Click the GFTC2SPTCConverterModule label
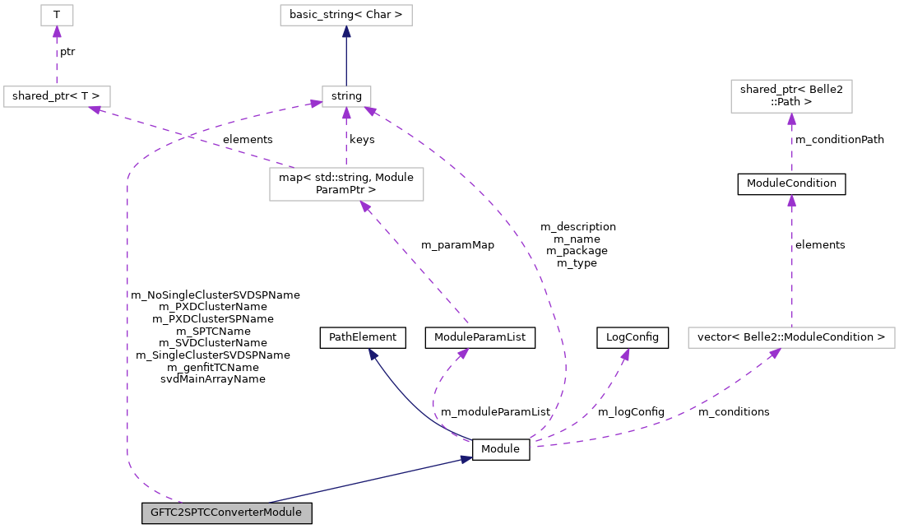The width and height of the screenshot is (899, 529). point(226,513)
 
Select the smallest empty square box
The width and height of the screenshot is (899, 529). point(57,15)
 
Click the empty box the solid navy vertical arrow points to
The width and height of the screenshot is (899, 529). point(345,15)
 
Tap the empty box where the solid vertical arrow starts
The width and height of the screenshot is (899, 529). point(346,96)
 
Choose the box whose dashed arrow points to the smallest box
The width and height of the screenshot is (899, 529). point(57,96)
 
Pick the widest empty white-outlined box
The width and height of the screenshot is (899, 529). point(791,337)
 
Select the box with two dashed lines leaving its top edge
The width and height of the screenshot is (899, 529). point(346,183)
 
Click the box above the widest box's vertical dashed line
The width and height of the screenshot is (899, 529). point(791,96)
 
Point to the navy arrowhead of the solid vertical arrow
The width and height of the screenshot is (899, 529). point(346,32)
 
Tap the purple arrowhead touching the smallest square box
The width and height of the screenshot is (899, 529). point(57,32)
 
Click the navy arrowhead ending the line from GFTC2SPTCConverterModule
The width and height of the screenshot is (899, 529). point(466,459)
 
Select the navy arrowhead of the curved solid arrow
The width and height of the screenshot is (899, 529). point(373,355)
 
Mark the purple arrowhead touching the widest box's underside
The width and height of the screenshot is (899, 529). point(774,354)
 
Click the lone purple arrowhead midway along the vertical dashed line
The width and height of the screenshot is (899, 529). point(791,201)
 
